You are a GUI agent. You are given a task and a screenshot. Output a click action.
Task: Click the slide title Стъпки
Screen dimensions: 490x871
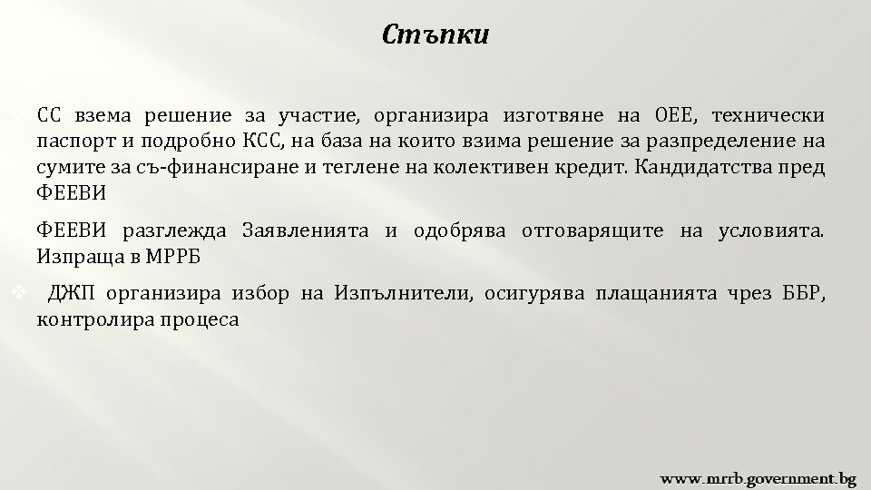click(x=435, y=36)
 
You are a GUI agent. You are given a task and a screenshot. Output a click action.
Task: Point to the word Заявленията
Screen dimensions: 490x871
click(x=305, y=230)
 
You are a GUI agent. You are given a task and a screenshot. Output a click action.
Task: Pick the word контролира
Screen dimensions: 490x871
click(x=91, y=319)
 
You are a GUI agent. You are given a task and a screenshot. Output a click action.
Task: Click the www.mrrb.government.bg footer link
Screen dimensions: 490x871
click(x=758, y=476)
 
